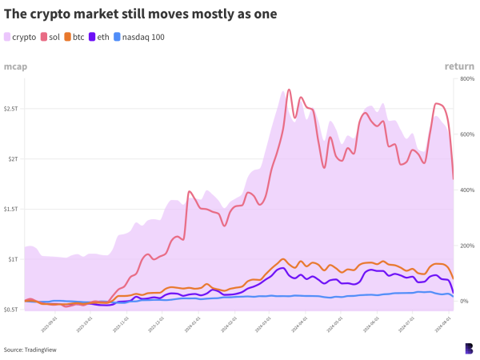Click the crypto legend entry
pyautogui.click(x=21, y=37)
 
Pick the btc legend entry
pyautogui.click(x=74, y=37)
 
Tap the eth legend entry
pyautogui.click(x=99, y=37)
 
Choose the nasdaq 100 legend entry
pyautogui.click(x=139, y=37)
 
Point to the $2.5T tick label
pyautogui.click(x=13, y=108)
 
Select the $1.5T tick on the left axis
pyautogui.click(x=13, y=209)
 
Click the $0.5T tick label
pyautogui.click(x=13, y=310)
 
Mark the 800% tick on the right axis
pyautogui.click(x=467, y=79)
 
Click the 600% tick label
pyautogui.click(x=467, y=134)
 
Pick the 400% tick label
pyautogui.click(x=467, y=190)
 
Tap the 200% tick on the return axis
pyautogui.click(x=467, y=246)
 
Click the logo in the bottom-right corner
pyautogui.click(x=468, y=348)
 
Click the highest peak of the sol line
pyautogui.click(x=289, y=90)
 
